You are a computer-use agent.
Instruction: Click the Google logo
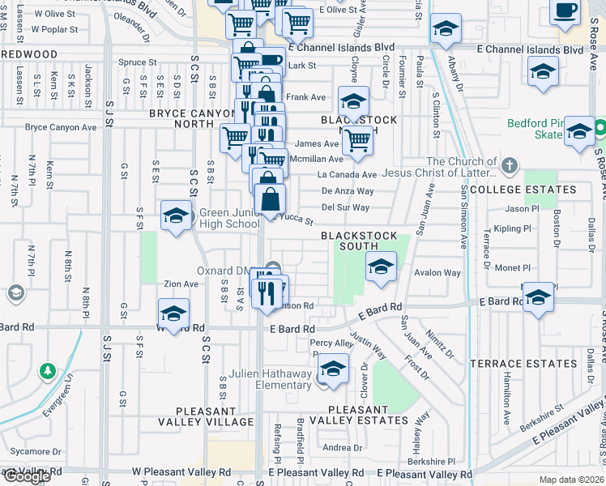tap(26, 476)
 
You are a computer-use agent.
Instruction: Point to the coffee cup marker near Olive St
tap(565, 11)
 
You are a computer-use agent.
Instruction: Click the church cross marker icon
tap(509, 167)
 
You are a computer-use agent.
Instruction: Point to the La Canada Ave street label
tap(347, 175)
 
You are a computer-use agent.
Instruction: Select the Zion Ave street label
tap(181, 284)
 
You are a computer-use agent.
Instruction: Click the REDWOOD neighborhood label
tap(29, 54)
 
